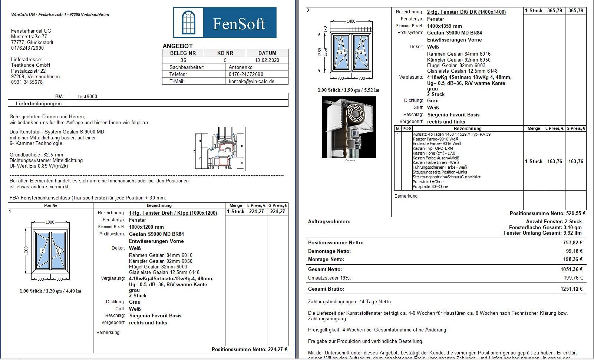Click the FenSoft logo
click(225, 23)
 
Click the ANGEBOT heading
click(178, 46)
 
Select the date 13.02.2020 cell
click(267, 60)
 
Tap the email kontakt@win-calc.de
click(251, 81)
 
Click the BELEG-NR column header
click(183, 53)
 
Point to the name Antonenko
click(241, 67)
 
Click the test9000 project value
click(88, 96)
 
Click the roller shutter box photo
click(349, 127)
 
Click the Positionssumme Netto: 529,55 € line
click(547, 213)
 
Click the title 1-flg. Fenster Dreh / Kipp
click(173, 213)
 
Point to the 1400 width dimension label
click(351, 21)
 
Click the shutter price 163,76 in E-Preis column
click(554, 161)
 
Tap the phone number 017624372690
click(27, 48)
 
